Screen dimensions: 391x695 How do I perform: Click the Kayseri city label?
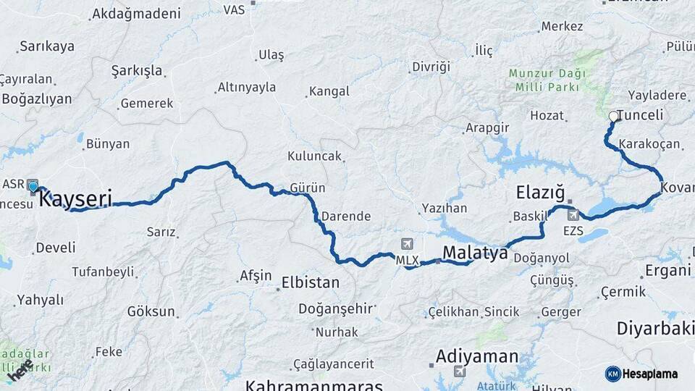[75, 198]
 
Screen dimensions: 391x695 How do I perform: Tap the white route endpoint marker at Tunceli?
[614, 116]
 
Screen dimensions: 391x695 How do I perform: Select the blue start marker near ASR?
[33, 187]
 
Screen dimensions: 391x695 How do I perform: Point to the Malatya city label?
[474, 253]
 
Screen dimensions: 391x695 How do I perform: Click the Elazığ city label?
[539, 193]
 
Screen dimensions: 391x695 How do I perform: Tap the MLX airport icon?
[407, 245]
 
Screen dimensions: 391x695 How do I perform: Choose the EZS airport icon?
[573, 215]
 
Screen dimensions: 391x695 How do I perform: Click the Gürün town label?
[307, 188]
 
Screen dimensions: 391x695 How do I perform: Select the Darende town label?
[346, 216]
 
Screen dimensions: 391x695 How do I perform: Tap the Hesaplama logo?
[641, 374]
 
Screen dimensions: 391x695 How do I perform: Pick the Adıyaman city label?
[477, 356]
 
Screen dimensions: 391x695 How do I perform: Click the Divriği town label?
[431, 67]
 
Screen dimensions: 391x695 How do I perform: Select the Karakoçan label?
[649, 144]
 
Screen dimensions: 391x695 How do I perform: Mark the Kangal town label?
[329, 92]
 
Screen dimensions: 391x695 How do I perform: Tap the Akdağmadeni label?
[136, 14]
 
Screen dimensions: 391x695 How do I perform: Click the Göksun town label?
[151, 312]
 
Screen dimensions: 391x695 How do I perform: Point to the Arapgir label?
[487, 128]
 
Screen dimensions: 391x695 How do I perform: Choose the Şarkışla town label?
[137, 71]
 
